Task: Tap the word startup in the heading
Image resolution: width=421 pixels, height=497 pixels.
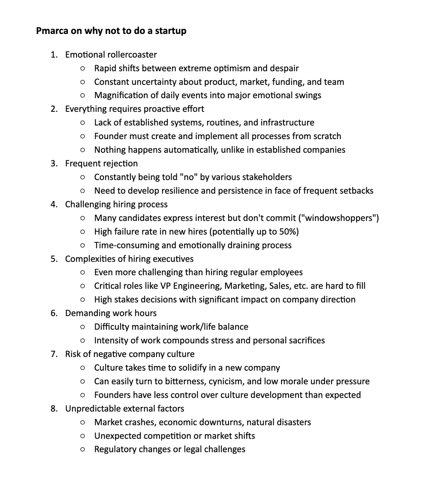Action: point(171,31)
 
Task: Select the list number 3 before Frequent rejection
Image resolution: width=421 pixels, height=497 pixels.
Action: point(54,163)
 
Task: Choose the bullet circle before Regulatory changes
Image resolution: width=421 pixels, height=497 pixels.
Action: point(83,449)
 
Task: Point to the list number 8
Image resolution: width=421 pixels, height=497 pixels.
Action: point(54,408)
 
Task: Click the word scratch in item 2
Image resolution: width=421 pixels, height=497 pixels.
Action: point(327,136)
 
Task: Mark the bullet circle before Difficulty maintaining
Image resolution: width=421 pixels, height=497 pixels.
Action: point(83,327)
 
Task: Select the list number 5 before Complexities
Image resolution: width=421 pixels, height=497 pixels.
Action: point(54,259)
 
